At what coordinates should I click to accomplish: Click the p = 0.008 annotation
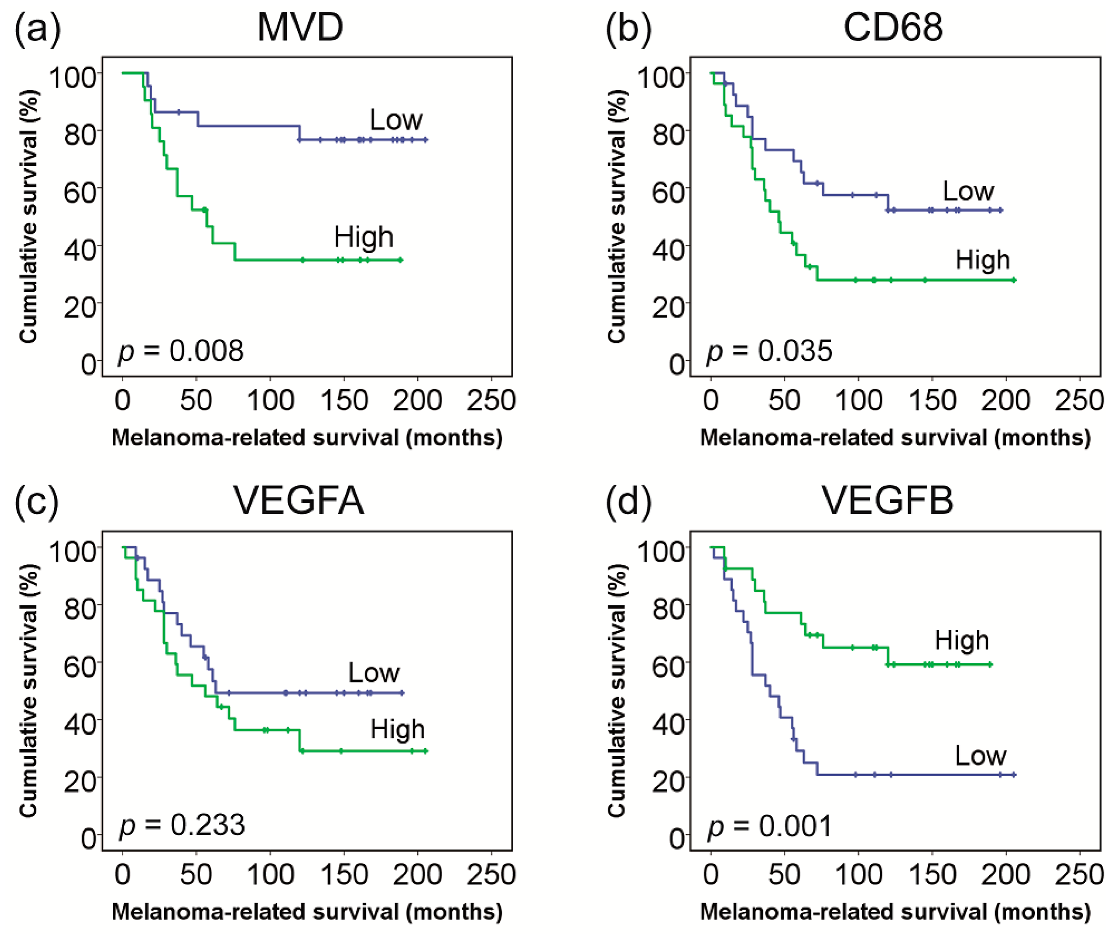(180, 351)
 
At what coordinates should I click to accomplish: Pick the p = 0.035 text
(769, 351)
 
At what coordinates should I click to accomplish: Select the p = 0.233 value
(182, 825)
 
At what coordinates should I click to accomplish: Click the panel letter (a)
(37, 29)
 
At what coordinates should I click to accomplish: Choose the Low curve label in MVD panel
(396, 120)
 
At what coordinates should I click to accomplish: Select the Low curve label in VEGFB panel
(980, 755)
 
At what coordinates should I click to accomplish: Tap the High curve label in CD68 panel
(982, 260)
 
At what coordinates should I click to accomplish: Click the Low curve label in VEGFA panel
(374, 673)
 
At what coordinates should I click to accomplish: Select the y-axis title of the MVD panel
(29, 217)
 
